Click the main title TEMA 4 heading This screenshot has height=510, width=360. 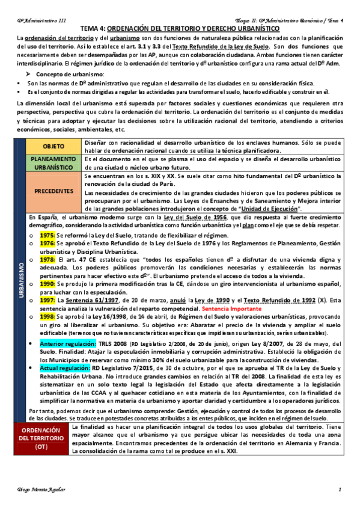180,28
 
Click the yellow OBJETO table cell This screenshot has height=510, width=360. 54,147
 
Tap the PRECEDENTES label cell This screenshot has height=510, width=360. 54,191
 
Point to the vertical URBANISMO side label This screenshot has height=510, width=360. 20,276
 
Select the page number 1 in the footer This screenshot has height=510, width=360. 340,490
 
